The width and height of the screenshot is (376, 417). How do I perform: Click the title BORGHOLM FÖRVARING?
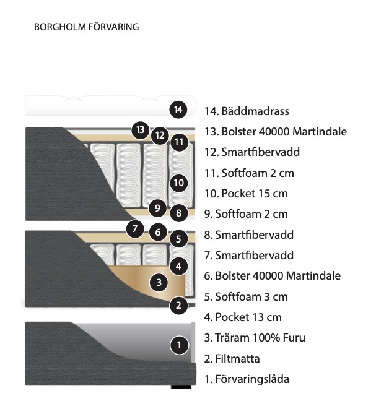tap(87, 27)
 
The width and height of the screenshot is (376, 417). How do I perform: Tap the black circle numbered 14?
tap(178, 110)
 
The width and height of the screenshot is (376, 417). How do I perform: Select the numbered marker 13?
tap(141, 130)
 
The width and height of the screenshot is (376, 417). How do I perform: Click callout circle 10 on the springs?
tap(178, 183)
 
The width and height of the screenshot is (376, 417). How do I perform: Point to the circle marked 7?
tap(135, 228)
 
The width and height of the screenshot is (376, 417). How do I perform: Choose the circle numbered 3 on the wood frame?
tap(159, 282)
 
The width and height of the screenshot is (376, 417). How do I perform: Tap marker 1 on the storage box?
tap(179, 345)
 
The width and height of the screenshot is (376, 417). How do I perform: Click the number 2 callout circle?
tap(178, 305)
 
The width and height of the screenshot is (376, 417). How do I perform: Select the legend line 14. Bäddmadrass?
tap(247, 111)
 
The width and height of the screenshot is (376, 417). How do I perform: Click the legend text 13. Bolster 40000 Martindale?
tap(276, 132)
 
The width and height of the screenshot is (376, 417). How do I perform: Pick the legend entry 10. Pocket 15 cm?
tap(246, 194)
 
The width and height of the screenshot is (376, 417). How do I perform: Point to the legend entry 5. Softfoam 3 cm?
tap(246, 297)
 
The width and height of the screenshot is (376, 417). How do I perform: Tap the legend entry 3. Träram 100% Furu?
tap(255, 338)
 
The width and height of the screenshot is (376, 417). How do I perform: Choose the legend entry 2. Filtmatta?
tap(232, 359)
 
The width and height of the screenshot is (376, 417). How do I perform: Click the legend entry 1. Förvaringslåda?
tap(247, 379)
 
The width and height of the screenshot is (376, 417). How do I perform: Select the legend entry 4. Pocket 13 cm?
tap(243, 317)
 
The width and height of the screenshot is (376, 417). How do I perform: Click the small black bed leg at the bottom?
tap(181, 387)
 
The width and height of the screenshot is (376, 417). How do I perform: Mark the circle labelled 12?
tap(160, 135)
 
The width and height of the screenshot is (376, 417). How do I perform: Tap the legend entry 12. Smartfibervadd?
tap(252, 152)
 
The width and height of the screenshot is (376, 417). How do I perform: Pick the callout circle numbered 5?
tap(178, 239)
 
